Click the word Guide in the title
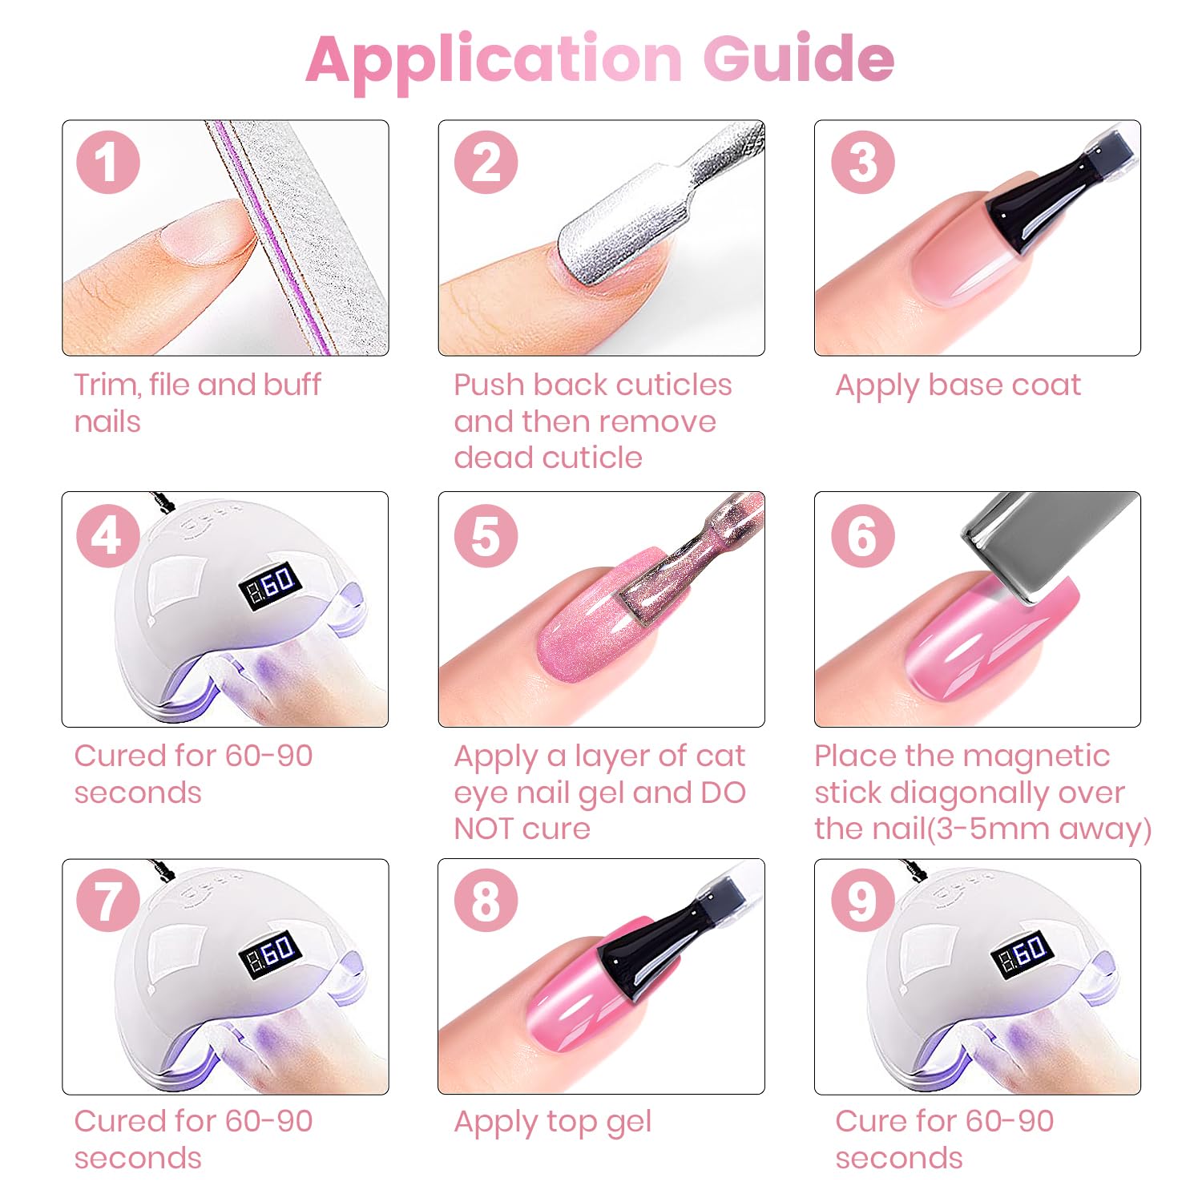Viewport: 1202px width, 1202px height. pyautogui.click(x=799, y=58)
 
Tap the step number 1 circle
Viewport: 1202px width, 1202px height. pyautogui.click(x=108, y=162)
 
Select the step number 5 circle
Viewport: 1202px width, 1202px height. pyautogui.click(x=486, y=535)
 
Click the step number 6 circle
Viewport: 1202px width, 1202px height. pyautogui.click(x=862, y=535)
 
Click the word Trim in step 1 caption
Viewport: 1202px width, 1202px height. pyautogui.click(x=107, y=385)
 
